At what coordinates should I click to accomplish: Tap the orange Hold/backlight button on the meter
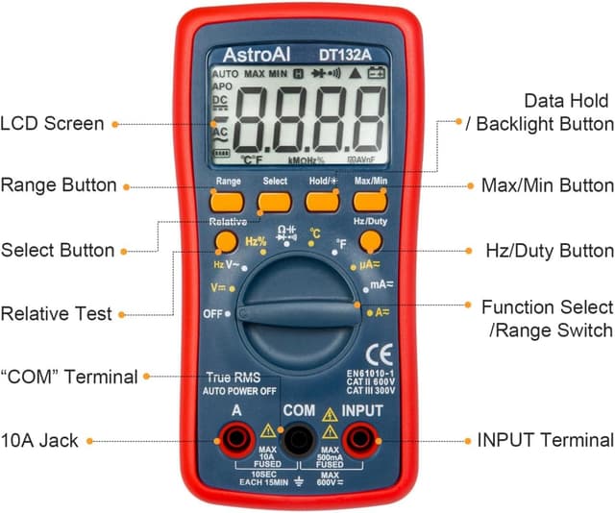322,201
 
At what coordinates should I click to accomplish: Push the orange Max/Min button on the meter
370,201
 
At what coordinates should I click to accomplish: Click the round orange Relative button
226,242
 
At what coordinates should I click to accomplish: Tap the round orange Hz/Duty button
371,241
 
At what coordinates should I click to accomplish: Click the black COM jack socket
298,440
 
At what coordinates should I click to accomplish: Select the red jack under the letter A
236,440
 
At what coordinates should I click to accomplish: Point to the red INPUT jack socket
361,440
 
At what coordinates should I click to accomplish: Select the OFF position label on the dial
213,314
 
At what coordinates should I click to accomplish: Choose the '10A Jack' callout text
39,441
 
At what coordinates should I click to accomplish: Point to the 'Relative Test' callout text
56,313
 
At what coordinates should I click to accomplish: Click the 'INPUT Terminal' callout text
545,441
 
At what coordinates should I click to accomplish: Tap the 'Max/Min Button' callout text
547,185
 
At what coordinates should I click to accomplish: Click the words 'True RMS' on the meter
234,378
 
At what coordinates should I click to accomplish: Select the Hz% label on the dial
256,242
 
